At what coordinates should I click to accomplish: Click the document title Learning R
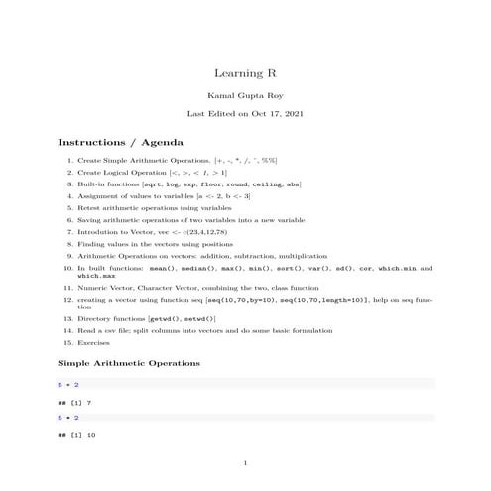click(x=245, y=73)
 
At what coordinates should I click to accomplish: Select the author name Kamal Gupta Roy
click(x=245, y=96)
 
